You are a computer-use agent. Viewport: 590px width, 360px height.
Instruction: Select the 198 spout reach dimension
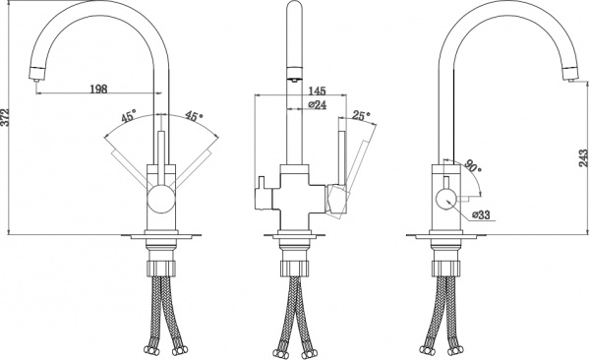(96, 90)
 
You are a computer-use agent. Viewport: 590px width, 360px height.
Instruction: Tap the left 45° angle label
(128, 117)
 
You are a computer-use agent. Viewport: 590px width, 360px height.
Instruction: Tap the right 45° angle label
(193, 117)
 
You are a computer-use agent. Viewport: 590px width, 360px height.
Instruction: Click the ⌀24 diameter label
(317, 104)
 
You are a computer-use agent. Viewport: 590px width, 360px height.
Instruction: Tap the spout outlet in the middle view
(292, 73)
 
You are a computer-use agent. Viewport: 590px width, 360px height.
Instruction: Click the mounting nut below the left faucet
(162, 267)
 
